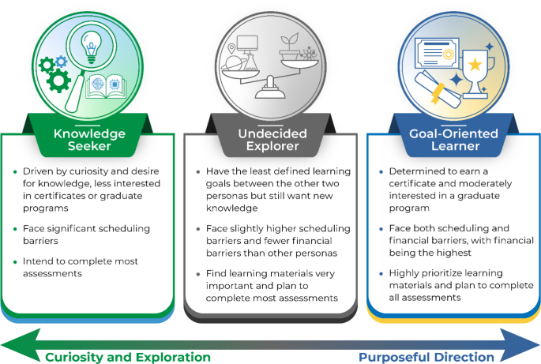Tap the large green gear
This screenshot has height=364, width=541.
tap(59, 80)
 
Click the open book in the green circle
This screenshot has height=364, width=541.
tap(108, 85)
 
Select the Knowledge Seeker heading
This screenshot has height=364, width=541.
tap(89, 140)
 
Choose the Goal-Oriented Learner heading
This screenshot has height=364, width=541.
tap(453, 140)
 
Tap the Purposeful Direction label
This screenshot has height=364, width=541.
tap(426, 357)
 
